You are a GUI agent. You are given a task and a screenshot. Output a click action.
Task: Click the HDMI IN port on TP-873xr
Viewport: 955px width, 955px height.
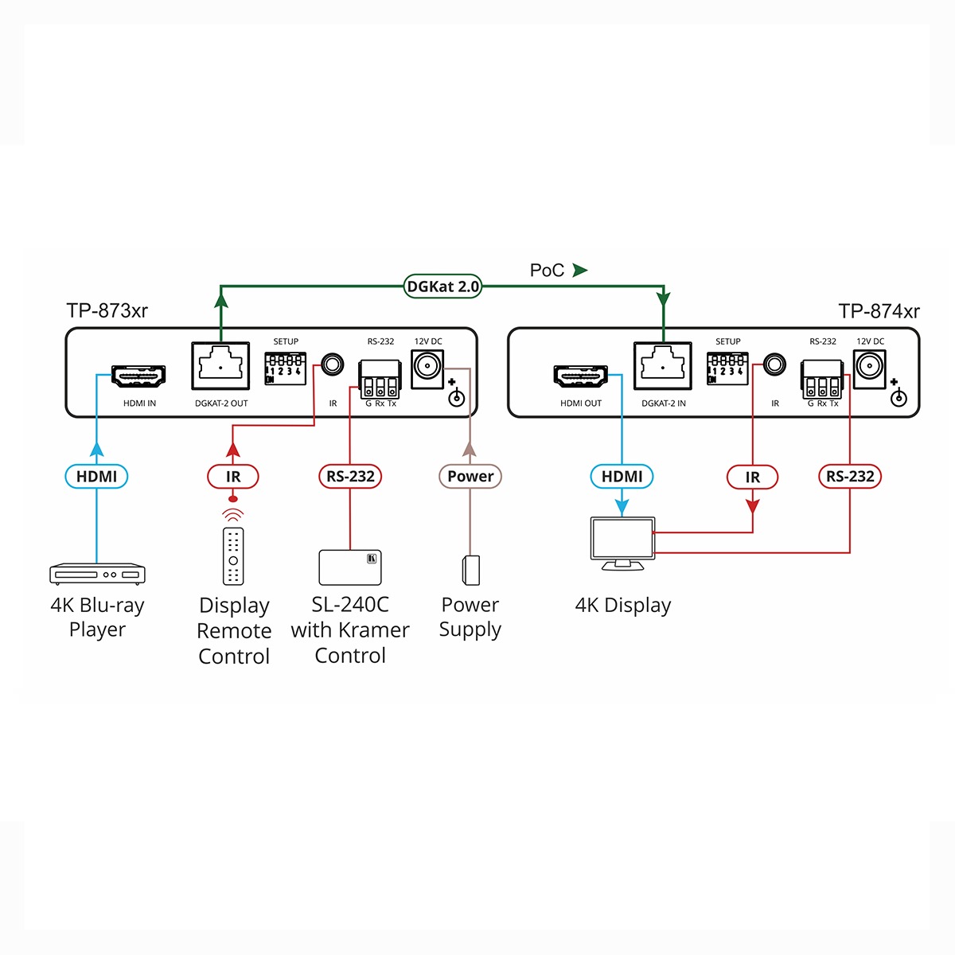[x=138, y=376]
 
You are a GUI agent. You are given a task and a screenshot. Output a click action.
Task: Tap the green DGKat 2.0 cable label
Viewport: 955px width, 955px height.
[x=442, y=286]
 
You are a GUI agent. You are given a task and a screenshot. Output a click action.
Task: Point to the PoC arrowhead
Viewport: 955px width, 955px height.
[x=579, y=271]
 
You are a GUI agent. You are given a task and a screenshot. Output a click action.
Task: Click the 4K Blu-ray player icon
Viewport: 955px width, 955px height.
[x=97, y=573]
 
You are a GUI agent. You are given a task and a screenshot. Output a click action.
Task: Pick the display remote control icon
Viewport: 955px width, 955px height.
[x=233, y=555]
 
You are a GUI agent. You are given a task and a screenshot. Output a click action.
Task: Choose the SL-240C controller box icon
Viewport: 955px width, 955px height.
[x=350, y=567]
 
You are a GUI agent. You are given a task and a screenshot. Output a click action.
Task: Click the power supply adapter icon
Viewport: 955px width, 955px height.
[x=470, y=571]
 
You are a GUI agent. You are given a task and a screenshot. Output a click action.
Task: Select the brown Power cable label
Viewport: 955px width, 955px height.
[x=470, y=476]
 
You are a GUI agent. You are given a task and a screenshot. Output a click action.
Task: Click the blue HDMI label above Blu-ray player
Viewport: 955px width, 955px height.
[x=96, y=477]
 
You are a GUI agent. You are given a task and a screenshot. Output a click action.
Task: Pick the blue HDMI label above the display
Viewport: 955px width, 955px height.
[x=622, y=477]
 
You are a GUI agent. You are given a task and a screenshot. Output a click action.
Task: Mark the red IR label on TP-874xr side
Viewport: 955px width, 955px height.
[x=752, y=477]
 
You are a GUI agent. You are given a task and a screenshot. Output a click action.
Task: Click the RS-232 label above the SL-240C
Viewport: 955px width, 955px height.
[x=350, y=477]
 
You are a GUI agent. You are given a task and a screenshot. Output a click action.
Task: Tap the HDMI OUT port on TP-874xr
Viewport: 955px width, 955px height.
[x=581, y=376]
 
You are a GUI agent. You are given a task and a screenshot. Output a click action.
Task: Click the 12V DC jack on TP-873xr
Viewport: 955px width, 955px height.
[x=427, y=367]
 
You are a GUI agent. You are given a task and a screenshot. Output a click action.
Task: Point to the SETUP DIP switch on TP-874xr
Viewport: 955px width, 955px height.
[x=727, y=369]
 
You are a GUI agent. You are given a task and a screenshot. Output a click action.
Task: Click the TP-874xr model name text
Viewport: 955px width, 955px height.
[x=879, y=311]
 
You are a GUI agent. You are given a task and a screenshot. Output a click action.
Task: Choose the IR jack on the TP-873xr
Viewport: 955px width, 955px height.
[x=332, y=365]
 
